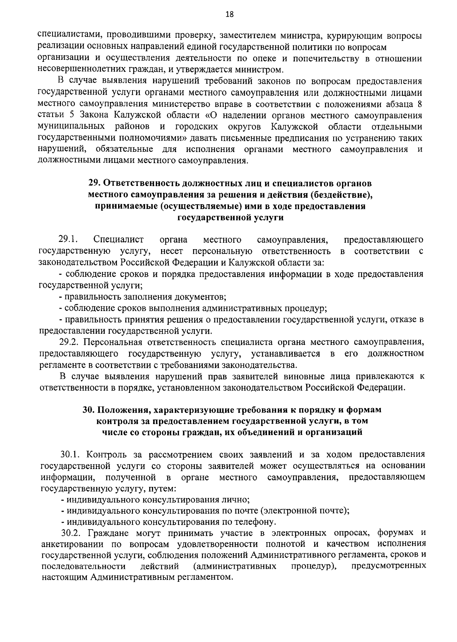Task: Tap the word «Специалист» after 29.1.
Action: click(x=118, y=240)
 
